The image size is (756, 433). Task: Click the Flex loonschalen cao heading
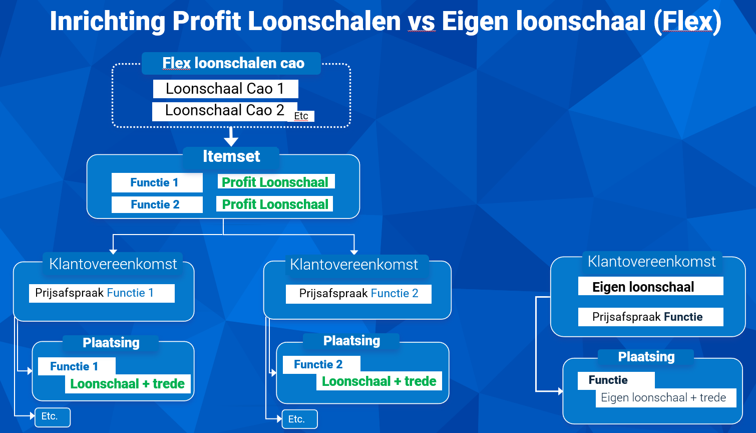coord(233,63)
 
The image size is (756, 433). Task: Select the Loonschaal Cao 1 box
coord(225,89)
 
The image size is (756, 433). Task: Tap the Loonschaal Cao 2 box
coord(225,111)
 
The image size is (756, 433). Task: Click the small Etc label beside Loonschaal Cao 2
coord(301,116)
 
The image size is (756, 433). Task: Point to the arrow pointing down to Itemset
coord(231,136)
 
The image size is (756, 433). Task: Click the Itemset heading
coord(231,156)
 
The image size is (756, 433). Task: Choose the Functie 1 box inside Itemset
coord(157,183)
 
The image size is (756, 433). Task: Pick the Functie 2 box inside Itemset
coord(157,204)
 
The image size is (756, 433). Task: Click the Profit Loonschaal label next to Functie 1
coord(276,182)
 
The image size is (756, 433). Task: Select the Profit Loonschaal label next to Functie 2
coord(275,204)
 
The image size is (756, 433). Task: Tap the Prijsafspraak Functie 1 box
coord(102,293)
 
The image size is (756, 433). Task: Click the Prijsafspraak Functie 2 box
coord(358,294)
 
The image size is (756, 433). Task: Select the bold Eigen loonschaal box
coord(651,287)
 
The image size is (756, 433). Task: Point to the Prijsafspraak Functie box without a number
coord(651,317)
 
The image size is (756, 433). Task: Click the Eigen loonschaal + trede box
coord(666,397)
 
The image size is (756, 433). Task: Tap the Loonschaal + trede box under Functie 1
coord(128,384)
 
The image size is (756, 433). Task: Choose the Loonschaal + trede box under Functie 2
coord(379,381)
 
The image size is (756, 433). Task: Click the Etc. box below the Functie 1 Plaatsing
coord(53,417)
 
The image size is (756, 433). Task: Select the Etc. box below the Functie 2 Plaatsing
coord(300,419)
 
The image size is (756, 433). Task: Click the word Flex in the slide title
coord(687,22)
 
